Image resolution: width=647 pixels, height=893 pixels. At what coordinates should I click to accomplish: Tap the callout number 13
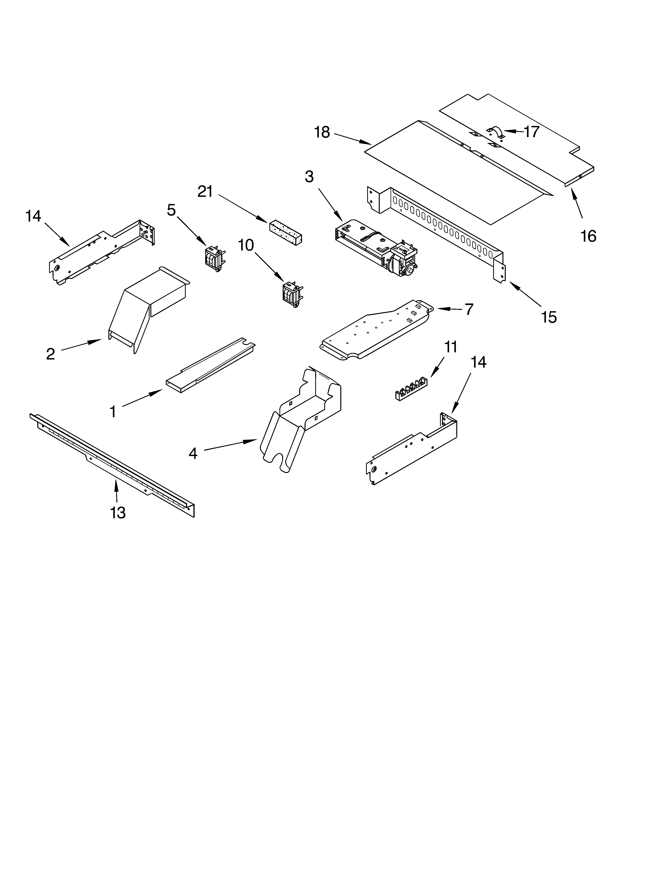pos(118,513)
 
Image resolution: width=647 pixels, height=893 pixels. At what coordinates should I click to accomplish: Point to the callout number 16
pos(588,236)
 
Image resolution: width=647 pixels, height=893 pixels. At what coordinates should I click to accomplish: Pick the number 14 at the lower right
pos(478,362)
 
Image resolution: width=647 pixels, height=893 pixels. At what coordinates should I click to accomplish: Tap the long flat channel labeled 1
pos(211,366)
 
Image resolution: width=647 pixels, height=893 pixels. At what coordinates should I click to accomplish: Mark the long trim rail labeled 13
pos(112,465)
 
